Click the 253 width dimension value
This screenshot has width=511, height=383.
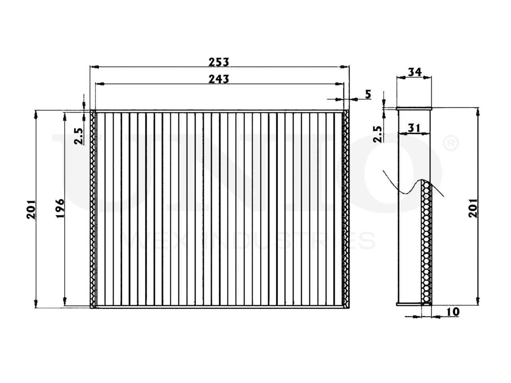tap(219, 62)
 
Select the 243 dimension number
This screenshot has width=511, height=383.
tap(219, 79)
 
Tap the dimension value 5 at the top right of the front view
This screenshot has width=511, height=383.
tap(368, 94)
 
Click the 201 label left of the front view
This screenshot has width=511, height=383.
tap(32, 209)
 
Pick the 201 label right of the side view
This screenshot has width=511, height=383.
tap(473, 207)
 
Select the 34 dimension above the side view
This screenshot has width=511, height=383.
tap(414, 72)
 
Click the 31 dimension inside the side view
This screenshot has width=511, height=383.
tap(414, 128)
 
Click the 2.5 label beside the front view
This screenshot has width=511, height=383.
tap(79, 136)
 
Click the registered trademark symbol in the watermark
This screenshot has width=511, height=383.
tap(451, 144)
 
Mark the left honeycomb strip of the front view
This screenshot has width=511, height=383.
tap(93, 209)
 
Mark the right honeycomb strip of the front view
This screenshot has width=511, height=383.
tap(345, 209)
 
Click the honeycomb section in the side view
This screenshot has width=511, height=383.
tap(427, 243)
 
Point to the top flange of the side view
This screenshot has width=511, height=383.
tap(414, 108)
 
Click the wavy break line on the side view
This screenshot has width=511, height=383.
tap(403, 188)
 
